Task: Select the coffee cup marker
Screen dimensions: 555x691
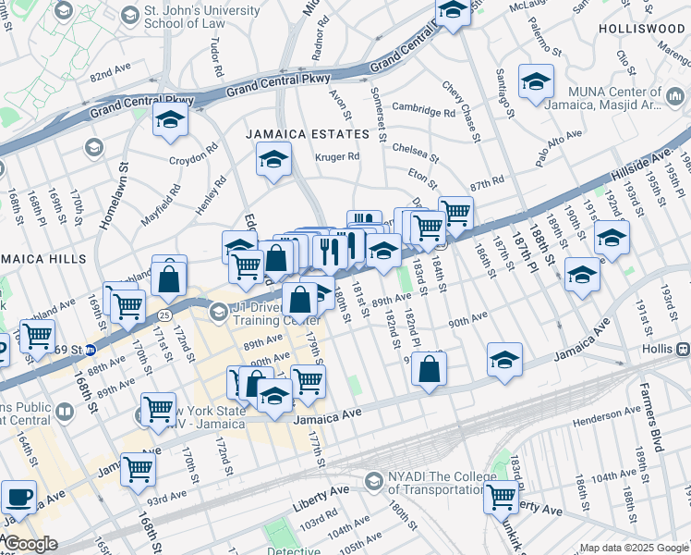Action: (x=18, y=497)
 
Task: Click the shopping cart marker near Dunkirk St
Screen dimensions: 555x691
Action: (x=501, y=496)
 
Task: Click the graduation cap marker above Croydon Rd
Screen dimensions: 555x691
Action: (x=170, y=121)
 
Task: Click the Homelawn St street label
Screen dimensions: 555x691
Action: (x=123, y=193)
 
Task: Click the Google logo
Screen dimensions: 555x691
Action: (x=30, y=544)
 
